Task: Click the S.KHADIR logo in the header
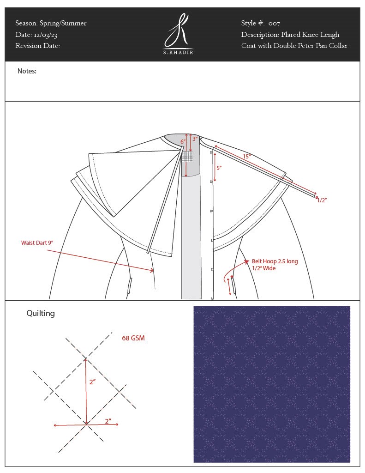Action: coord(179,34)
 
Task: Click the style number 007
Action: coord(274,23)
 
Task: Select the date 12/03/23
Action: coord(46,35)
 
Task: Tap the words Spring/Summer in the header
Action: coord(63,23)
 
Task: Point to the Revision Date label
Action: coord(37,46)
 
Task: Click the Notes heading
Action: coord(27,71)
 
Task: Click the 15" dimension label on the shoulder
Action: coord(247,156)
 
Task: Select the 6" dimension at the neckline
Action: coord(183,141)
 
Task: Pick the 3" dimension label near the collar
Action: coord(195,139)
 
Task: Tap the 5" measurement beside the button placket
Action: coord(219,168)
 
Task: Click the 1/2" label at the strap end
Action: coord(322,200)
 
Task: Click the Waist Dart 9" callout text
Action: coord(37,243)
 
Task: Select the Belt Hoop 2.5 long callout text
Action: coord(275,261)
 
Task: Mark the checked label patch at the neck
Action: coord(187,157)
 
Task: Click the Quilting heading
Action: coord(41,314)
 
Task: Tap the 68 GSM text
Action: coord(133,338)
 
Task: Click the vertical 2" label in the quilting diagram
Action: coord(93,382)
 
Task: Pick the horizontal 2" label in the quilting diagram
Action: coord(108,421)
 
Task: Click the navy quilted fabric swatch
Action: coord(272,384)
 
